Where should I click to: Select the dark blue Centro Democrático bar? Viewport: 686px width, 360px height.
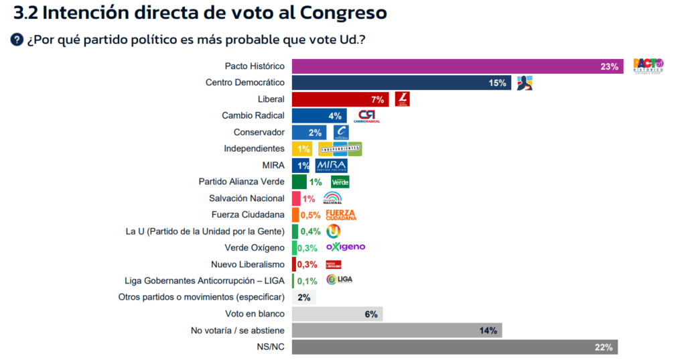point(401,82)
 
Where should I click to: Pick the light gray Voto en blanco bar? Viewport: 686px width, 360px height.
point(337,314)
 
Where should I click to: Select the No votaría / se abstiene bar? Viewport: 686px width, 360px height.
point(397,330)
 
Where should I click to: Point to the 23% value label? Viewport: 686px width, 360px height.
point(609,66)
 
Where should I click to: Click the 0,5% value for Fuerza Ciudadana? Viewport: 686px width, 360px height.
point(311,215)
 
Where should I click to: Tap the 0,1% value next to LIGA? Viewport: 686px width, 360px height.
point(307,281)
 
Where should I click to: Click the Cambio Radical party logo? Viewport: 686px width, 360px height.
point(368,116)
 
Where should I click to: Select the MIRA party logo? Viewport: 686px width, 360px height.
point(331,166)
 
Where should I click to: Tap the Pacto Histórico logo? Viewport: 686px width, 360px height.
point(648,66)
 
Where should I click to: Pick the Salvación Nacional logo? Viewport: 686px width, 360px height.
point(332,198)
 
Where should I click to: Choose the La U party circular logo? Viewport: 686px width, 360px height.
point(333,231)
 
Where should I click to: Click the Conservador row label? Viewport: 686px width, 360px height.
point(259,132)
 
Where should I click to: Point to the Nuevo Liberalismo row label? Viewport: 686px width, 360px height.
point(248,264)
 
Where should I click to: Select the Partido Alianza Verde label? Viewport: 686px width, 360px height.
point(242,182)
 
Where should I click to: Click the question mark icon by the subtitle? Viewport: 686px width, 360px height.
point(17,40)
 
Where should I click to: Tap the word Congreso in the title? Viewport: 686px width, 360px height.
point(344,12)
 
